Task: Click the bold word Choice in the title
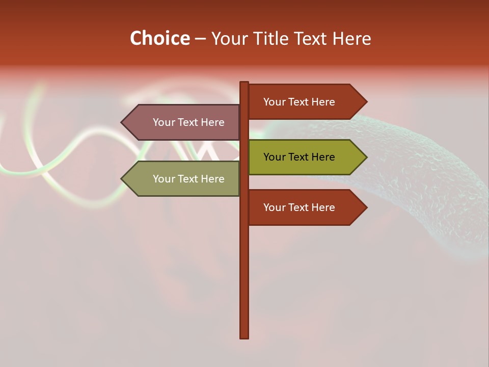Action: [x=159, y=38]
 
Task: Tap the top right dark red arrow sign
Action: [x=306, y=101]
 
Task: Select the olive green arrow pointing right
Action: [x=306, y=157]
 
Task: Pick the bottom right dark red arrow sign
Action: [x=306, y=207]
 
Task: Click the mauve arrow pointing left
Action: [x=181, y=122]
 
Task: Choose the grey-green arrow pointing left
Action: [x=181, y=179]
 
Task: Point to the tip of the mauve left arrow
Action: [x=122, y=122]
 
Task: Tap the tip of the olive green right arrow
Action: [x=366, y=157]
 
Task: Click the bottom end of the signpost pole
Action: [x=244, y=336]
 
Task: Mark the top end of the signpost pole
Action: [x=244, y=83]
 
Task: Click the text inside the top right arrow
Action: [x=299, y=102]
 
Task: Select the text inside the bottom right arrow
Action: [x=299, y=207]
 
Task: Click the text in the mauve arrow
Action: [x=188, y=122]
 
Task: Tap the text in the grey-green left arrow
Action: [x=188, y=179]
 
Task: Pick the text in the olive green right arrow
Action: [x=299, y=157]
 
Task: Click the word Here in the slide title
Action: [x=351, y=38]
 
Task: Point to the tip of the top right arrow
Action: [x=366, y=101]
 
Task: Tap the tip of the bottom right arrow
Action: [x=366, y=207]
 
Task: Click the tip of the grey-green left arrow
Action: [x=122, y=179]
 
